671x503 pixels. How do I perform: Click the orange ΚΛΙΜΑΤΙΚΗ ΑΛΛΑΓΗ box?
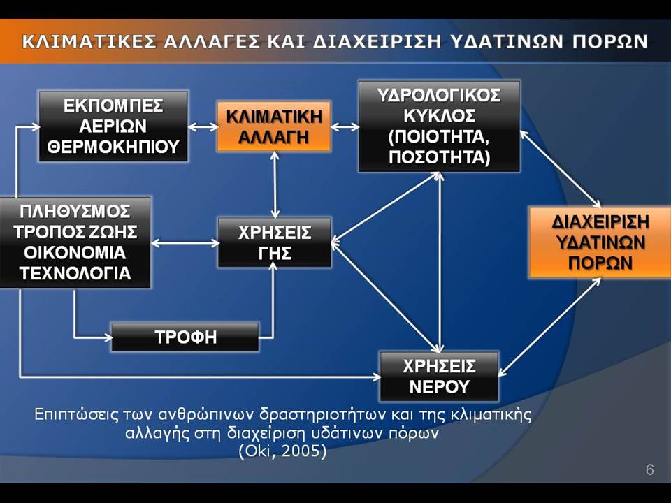pyautogui.click(x=274, y=126)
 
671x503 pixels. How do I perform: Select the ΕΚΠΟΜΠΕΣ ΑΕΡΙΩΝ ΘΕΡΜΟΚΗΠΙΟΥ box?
pyautogui.click(x=113, y=126)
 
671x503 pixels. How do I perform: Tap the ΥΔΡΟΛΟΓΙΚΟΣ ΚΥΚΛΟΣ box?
pyautogui.click(x=439, y=126)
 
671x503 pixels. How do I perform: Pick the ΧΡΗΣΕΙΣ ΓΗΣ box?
pyautogui.click(x=275, y=242)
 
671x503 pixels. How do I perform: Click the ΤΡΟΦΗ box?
pyautogui.click(x=185, y=337)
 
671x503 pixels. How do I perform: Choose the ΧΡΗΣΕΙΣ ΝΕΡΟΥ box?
pyautogui.click(x=439, y=377)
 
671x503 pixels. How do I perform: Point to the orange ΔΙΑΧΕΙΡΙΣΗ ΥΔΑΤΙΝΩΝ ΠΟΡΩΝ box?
pyautogui.click(x=600, y=242)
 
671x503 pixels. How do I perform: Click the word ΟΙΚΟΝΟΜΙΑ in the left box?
pyautogui.click(x=75, y=252)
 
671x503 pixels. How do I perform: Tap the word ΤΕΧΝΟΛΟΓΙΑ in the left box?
pyautogui.click(x=75, y=273)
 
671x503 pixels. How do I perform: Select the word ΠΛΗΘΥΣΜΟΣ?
pyautogui.click(x=75, y=211)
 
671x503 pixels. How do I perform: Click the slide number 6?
pyautogui.click(x=649, y=469)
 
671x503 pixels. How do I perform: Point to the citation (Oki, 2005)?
pyautogui.click(x=283, y=451)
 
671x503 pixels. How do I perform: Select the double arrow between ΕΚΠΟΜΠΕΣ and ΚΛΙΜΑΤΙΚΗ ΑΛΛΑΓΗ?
pyautogui.click(x=203, y=126)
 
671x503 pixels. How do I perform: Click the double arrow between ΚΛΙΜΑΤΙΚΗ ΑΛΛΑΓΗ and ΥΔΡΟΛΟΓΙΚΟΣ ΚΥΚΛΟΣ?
pyautogui.click(x=345, y=126)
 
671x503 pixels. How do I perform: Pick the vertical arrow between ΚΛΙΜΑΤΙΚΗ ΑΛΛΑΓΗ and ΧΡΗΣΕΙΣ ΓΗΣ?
pyautogui.click(x=275, y=184)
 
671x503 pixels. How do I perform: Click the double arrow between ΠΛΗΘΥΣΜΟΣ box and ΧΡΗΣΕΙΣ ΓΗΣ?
pyautogui.click(x=185, y=243)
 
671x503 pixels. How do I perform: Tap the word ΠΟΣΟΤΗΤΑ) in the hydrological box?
pyautogui.click(x=439, y=157)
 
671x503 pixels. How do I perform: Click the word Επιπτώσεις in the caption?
pyautogui.click(x=75, y=415)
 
